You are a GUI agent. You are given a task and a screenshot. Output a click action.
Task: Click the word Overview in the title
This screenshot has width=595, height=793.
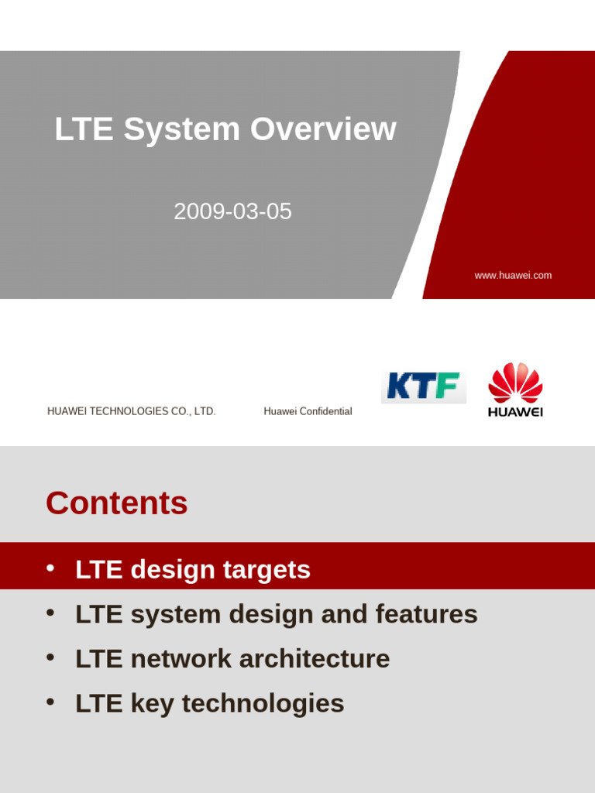pyautogui.click(x=323, y=129)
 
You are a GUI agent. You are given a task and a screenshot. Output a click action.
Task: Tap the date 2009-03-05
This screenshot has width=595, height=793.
pyautogui.click(x=232, y=211)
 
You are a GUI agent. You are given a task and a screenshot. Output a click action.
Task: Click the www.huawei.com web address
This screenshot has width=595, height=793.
pyautogui.click(x=513, y=276)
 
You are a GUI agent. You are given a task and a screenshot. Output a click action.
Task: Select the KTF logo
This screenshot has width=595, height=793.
pyautogui.click(x=423, y=386)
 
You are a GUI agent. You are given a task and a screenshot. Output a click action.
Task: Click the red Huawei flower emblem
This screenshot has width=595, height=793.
pyautogui.click(x=515, y=383)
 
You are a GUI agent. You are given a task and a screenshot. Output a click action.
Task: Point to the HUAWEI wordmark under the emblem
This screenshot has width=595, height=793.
pyautogui.click(x=515, y=412)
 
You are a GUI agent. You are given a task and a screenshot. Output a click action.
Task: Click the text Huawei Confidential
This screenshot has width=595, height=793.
pyautogui.click(x=308, y=411)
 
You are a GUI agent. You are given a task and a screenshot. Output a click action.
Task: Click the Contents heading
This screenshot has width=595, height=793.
pyautogui.click(x=117, y=503)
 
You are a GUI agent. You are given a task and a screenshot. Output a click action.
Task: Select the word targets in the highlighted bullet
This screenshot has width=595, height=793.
pyautogui.click(x=267, y=570)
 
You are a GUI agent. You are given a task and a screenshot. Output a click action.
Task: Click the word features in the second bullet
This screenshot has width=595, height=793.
pyautogui.click(x=426, y=614)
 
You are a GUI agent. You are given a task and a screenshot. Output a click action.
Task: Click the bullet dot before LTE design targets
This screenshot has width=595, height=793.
pyautogui.click(x=50, y=568)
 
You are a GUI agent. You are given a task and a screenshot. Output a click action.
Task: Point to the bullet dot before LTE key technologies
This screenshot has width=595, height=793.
pyautogui.click(x=50, y=702)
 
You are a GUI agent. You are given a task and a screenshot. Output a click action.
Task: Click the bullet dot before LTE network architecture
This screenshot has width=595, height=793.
pyautogui.click(x=50, y=657)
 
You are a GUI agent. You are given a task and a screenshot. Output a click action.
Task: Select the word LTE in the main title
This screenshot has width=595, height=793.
pyautogui.click(x=84, y=129)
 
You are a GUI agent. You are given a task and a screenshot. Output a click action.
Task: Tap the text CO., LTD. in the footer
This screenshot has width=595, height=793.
pyautogui.click(x=194, y=411)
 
